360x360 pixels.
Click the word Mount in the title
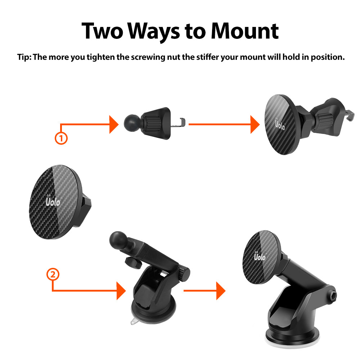coord(244,31)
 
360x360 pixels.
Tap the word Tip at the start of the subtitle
coord(24,57)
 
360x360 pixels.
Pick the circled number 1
coord(61,138)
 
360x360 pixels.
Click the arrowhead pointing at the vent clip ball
coord(113,125)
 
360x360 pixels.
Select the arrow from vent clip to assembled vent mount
coord(223,125)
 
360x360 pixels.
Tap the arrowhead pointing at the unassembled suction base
coord(121,291)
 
